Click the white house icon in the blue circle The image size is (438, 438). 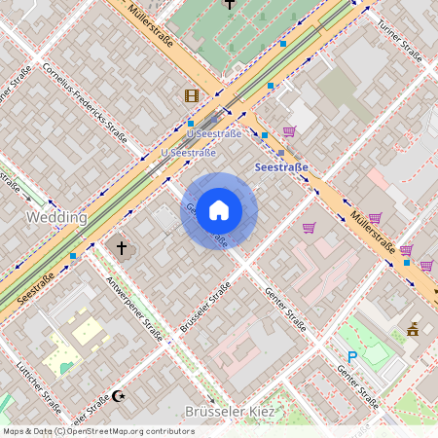(x=219, y=210)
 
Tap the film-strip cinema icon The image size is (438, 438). (x=191, y=95)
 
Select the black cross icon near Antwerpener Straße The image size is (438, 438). (x=123, y=248)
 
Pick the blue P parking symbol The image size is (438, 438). (x=352, y=357)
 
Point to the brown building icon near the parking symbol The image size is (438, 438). (x=413, y=329)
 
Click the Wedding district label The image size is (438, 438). (x=56, y=217)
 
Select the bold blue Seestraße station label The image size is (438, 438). (x=281, y=167)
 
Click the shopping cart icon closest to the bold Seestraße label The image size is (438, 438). (x=289, y=130)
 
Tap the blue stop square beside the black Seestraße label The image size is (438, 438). (x=73, y=256)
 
